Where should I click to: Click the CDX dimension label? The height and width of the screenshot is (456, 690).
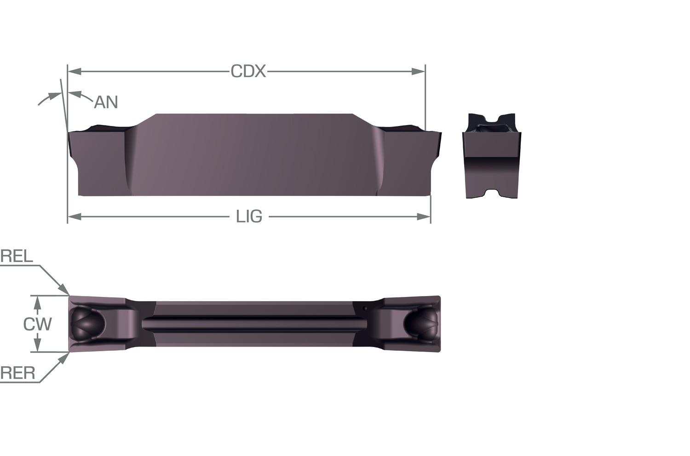click(x=248, y=71)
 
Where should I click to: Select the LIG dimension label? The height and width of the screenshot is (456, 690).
click(x=249, y=217)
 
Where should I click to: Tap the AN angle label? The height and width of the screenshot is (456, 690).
click(x=106, y=102)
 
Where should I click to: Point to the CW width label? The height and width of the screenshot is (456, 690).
click(x=38, y=324)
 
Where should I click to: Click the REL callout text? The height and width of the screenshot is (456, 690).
click(x=17, y=256)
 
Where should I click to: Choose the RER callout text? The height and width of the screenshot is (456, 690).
click(x=18, y=373)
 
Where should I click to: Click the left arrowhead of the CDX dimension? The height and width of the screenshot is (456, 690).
click(x=75, y=71)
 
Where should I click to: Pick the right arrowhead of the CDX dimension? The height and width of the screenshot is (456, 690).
click(x=418, y=71)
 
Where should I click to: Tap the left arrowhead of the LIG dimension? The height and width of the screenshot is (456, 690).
click(x=75, y=217)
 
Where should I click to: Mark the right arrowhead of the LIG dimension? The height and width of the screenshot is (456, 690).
click(x=424, y=217)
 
